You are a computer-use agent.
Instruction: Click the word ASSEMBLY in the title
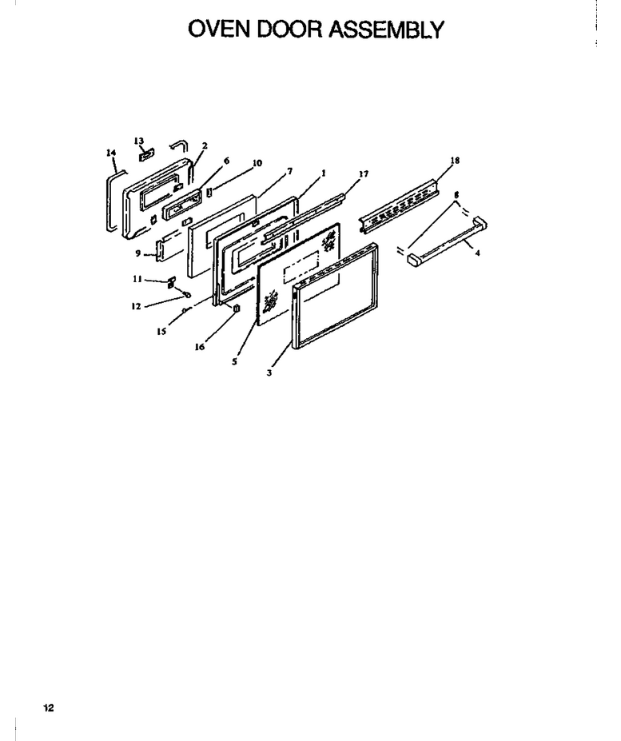386,30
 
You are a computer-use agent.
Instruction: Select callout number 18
455,160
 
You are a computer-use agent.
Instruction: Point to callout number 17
364,174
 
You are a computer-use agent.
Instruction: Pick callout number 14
111,152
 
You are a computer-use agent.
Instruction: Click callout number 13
138,141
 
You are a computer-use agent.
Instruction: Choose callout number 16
200,347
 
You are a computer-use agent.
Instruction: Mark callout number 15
161,331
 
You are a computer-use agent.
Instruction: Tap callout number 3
269,372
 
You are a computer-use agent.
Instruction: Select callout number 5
234,361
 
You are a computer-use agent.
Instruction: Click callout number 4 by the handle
478,253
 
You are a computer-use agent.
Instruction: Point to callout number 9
138,253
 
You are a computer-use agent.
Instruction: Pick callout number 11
137,279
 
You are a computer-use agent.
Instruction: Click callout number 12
136,306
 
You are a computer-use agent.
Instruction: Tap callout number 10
257,163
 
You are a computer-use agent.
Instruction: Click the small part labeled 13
146,154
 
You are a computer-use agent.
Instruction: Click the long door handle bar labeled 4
447,239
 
